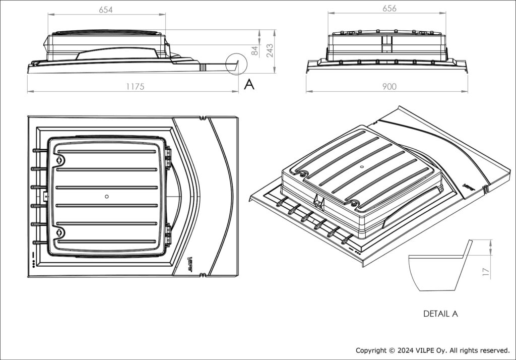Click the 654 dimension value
pyautogui.click(x=105, y=10)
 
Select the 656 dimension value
pyautogui.click(x=389, y=9)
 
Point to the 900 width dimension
pyautogui.click(x=389, y=87)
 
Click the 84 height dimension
pyautogui.click(x=255, y=50)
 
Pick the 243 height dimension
pyautogui.click(x=270, y=50)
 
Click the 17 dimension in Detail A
pyautogui.click(x=486, y=272)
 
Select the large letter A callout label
pyautogui.click(x=249, y=85)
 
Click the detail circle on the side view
pyautogui.click(x=236, y=64)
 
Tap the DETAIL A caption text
pyautogui.click(x=440, y=314)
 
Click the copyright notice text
pyautogui.click(x=432, y=350)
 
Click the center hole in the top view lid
pyautogui.click(x=106, y=196)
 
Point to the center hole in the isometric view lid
pyautogui.click(x=363, y=166)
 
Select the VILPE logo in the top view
pyautogui.click(x=190, y=262)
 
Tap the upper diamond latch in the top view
pyautogui.click(x=59, y=159)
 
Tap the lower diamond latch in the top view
pyautogui.click(x=59, y=232)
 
